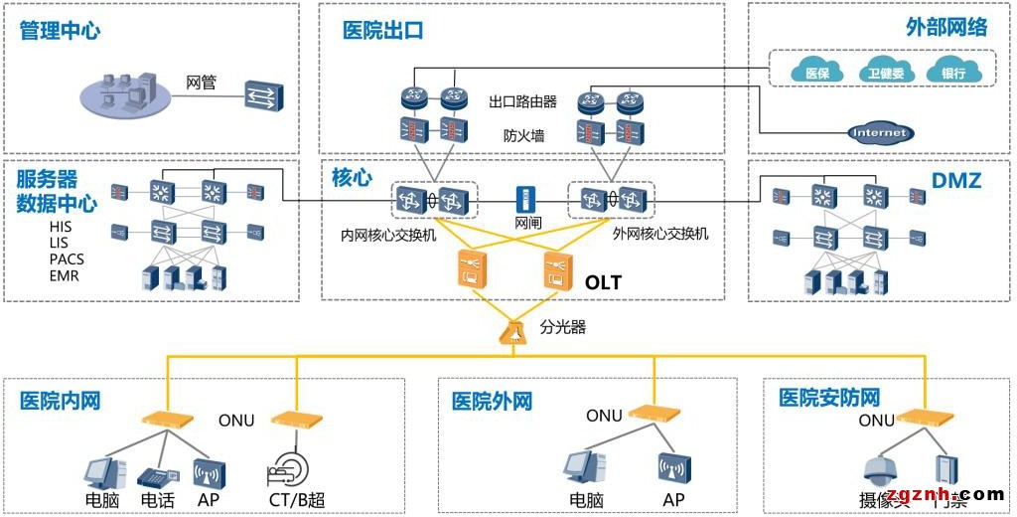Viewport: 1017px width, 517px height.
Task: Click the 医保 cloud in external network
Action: click(816, 73)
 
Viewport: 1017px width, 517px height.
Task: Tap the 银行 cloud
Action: click(952, 73)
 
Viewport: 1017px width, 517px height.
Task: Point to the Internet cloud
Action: click(880, 132)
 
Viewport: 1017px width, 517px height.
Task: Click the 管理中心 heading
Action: click(60, 31)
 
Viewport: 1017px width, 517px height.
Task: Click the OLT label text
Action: click(603, 282)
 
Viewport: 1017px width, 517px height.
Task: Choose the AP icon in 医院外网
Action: click(672, 467)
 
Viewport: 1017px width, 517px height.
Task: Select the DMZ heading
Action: click(956, 181)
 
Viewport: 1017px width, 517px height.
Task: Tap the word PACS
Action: click(67, 258)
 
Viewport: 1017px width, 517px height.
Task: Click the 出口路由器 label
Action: click(522, 101)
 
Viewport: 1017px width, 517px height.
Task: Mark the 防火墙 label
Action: click(523, 135)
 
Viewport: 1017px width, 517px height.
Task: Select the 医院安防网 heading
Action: click(829, 399)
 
